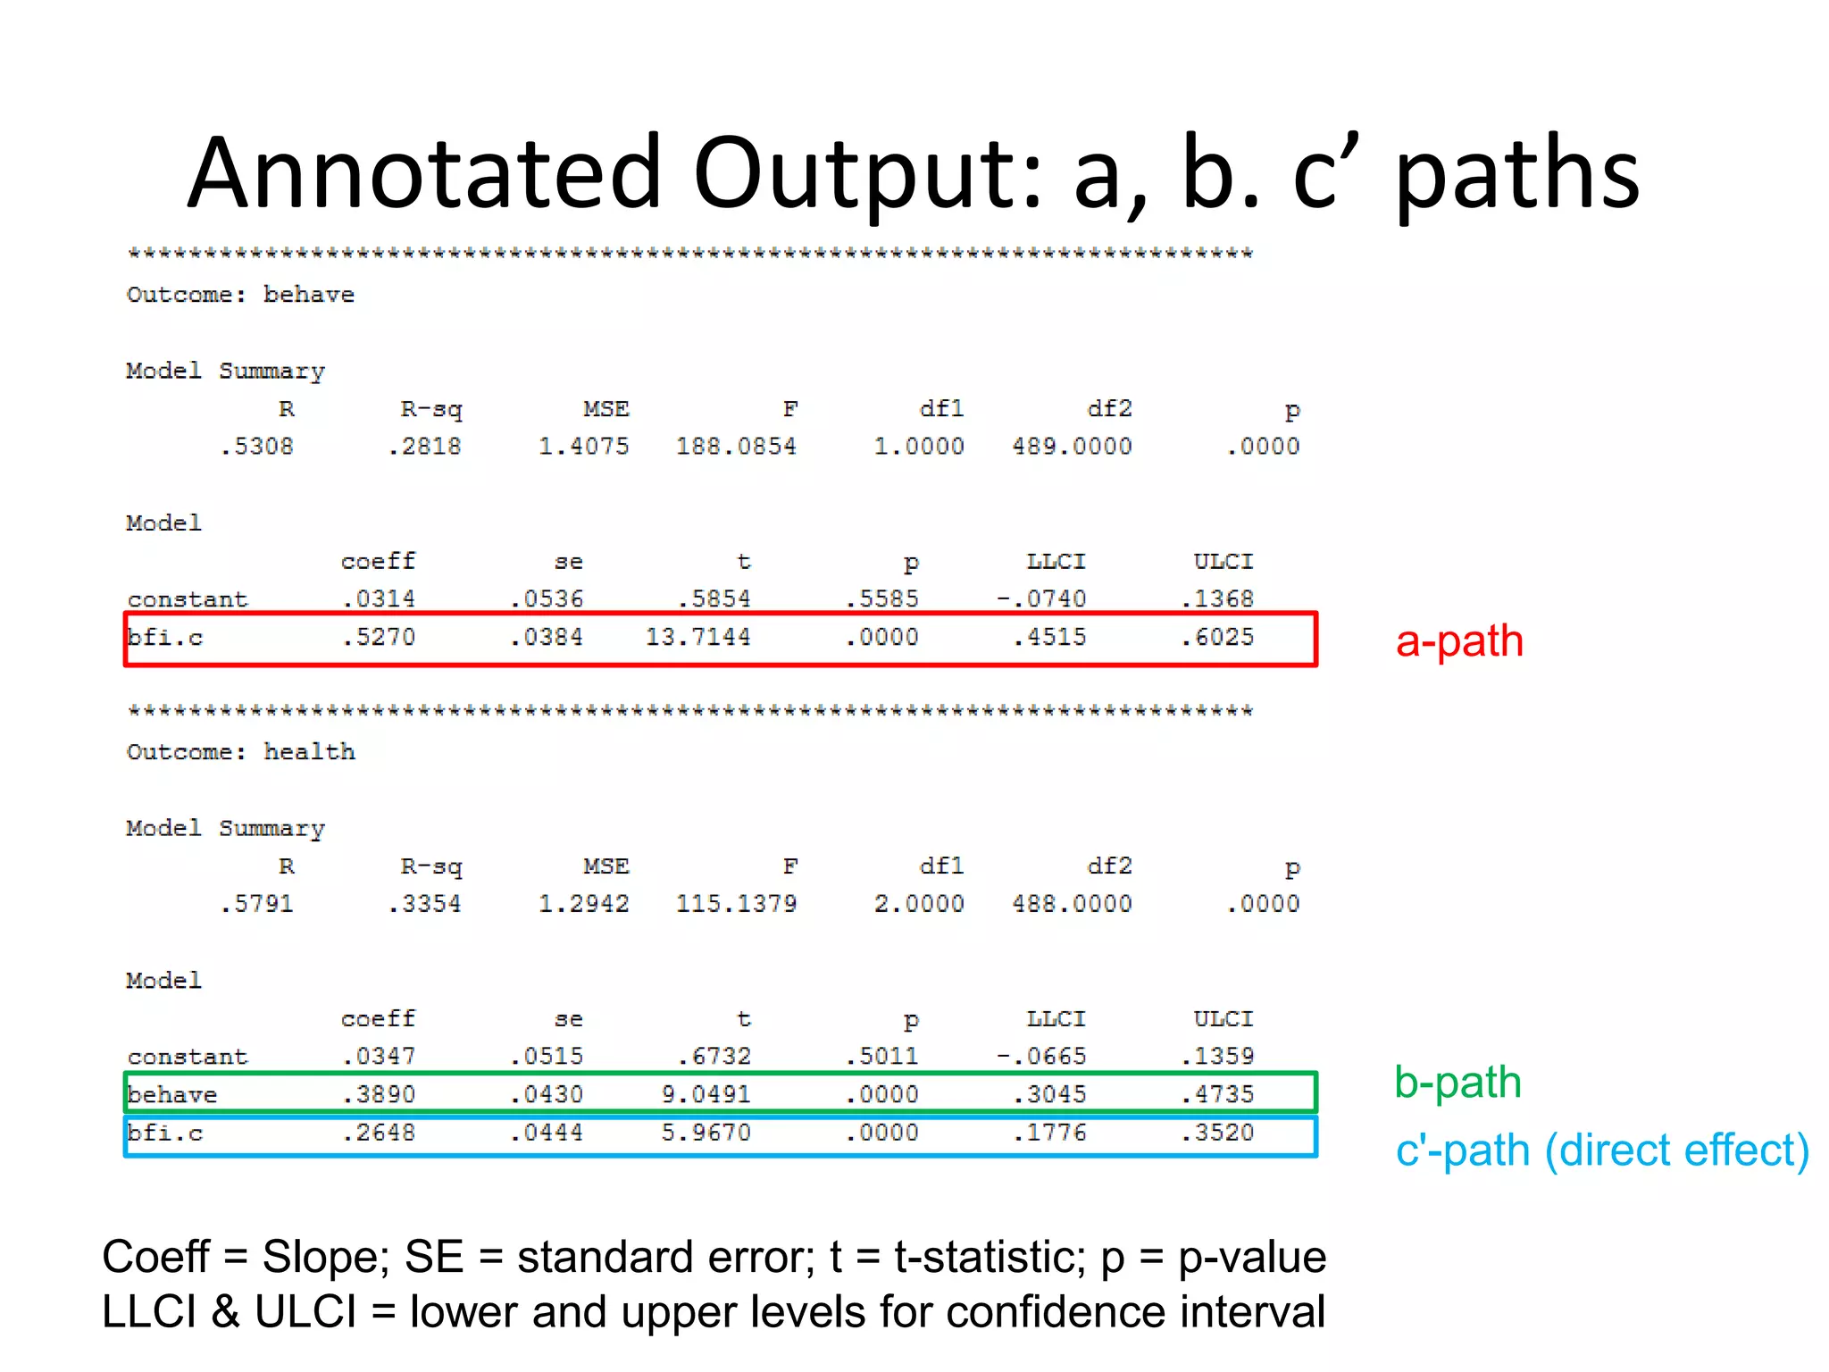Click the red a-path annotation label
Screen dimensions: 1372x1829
click(x=1459, y=641)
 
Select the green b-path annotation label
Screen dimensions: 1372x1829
click(x=1457, y=1083)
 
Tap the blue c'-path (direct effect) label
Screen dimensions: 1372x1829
click(x=1602, y=1150)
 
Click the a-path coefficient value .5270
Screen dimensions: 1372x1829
click(x=380, y=638)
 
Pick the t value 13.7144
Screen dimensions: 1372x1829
click(x=697, y=638)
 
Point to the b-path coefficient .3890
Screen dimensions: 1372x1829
click(x=380, y=1094)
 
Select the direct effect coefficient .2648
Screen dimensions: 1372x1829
click(x=380, y=1133)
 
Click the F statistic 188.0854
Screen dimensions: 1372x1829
click(x=736, y=447)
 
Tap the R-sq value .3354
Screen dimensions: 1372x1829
click(x=425, y=904)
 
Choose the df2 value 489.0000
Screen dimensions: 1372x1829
click(x=1072, y=447)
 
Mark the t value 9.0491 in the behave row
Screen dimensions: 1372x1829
click(x=706, y=1094)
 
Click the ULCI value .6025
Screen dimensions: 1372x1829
click(x=1217, y=638)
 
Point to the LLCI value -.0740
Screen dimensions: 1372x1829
click(x=1041, y=599)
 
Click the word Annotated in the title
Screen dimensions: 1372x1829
click(x=425, y=172)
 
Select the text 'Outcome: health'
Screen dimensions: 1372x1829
click(x=240, y=752)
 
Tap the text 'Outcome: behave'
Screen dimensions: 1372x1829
click(x=240, y=295)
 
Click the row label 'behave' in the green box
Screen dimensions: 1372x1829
click(x=172, y=1095)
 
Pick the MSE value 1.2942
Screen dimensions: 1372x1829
click(x=584, y=904)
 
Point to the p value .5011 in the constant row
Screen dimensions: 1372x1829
click(x=882, y=1057)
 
